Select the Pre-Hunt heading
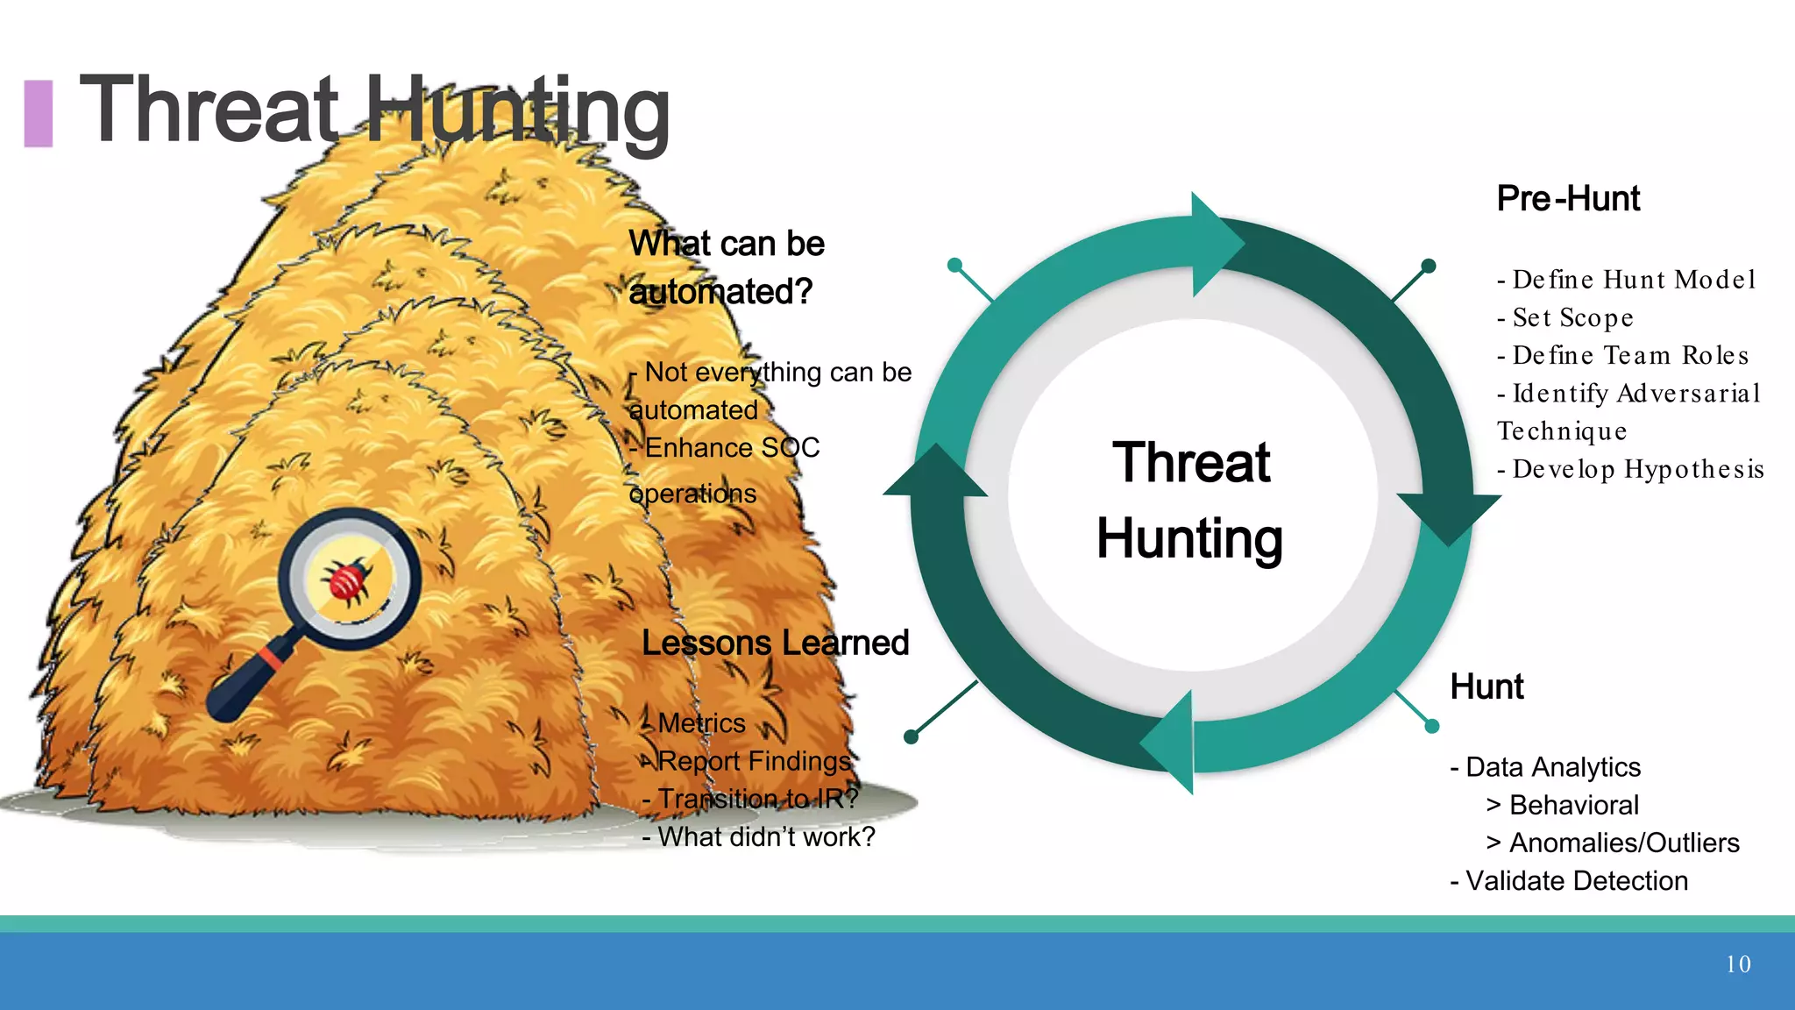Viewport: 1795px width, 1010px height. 1568,199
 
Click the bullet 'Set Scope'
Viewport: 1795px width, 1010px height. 1565,317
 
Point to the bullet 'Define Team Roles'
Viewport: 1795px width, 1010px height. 1623,355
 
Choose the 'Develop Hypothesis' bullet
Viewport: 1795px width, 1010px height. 1630,469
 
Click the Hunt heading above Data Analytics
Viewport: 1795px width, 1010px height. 1486,686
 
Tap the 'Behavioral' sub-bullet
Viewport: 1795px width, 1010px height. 1563,805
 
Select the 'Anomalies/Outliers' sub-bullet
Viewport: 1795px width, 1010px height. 1613,843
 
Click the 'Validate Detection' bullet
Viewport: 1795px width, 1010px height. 1569,880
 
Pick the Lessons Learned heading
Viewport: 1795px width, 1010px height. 775,643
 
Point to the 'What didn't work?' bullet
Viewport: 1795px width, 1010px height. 758,837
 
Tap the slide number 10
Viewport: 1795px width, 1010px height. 1738,964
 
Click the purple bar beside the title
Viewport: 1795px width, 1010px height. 38,113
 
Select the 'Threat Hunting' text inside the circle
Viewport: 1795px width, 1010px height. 1190,500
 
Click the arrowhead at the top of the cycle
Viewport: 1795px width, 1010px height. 1215,241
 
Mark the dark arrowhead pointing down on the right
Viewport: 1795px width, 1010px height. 1447,517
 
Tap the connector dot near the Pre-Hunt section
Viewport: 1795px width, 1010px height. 1428,266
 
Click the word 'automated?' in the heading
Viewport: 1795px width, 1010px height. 720,292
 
